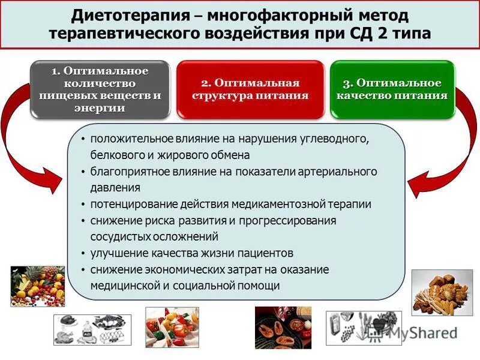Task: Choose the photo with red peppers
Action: (172, 327)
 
